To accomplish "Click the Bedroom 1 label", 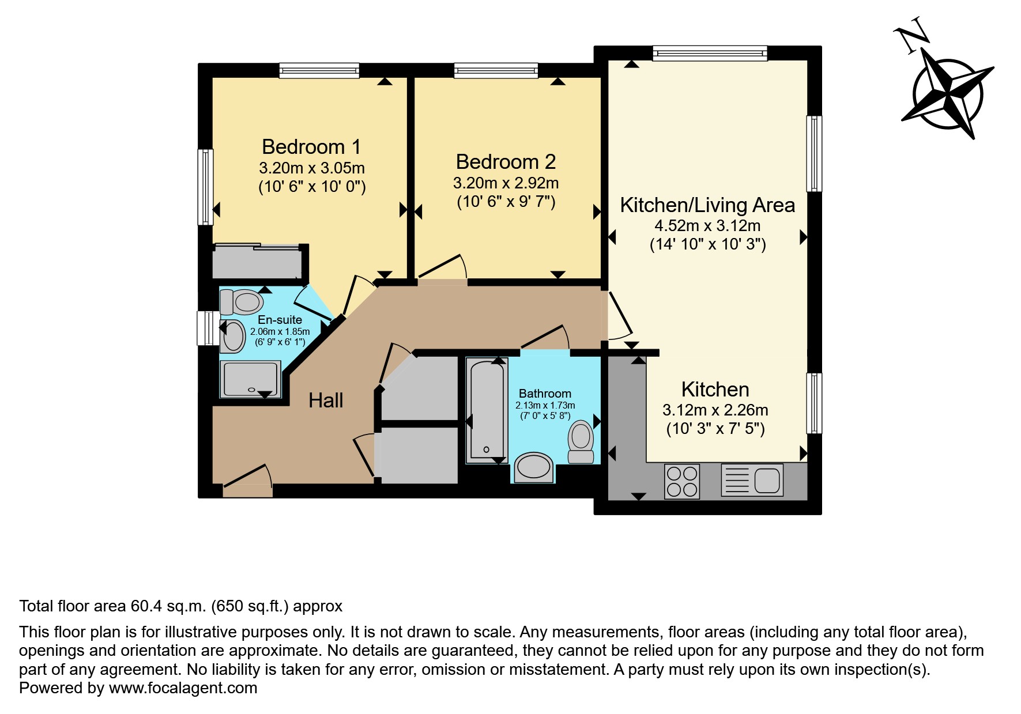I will pos(311,147).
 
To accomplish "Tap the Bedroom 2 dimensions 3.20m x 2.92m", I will pos(506,183).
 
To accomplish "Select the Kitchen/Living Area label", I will pos(707,205).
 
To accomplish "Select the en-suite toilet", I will pos(242,301).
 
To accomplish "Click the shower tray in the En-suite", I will pos(250,379).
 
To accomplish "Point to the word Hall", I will pos(326,401).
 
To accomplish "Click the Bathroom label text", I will pos(545,394).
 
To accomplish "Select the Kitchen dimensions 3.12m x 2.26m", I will pos(715,410).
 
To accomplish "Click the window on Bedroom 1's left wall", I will pos(206,187).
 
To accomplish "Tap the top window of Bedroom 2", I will pos(496,71).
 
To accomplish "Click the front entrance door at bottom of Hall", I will pos(247,490).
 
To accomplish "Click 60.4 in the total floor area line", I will pos(146,606).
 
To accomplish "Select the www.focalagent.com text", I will pos(183,688).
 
